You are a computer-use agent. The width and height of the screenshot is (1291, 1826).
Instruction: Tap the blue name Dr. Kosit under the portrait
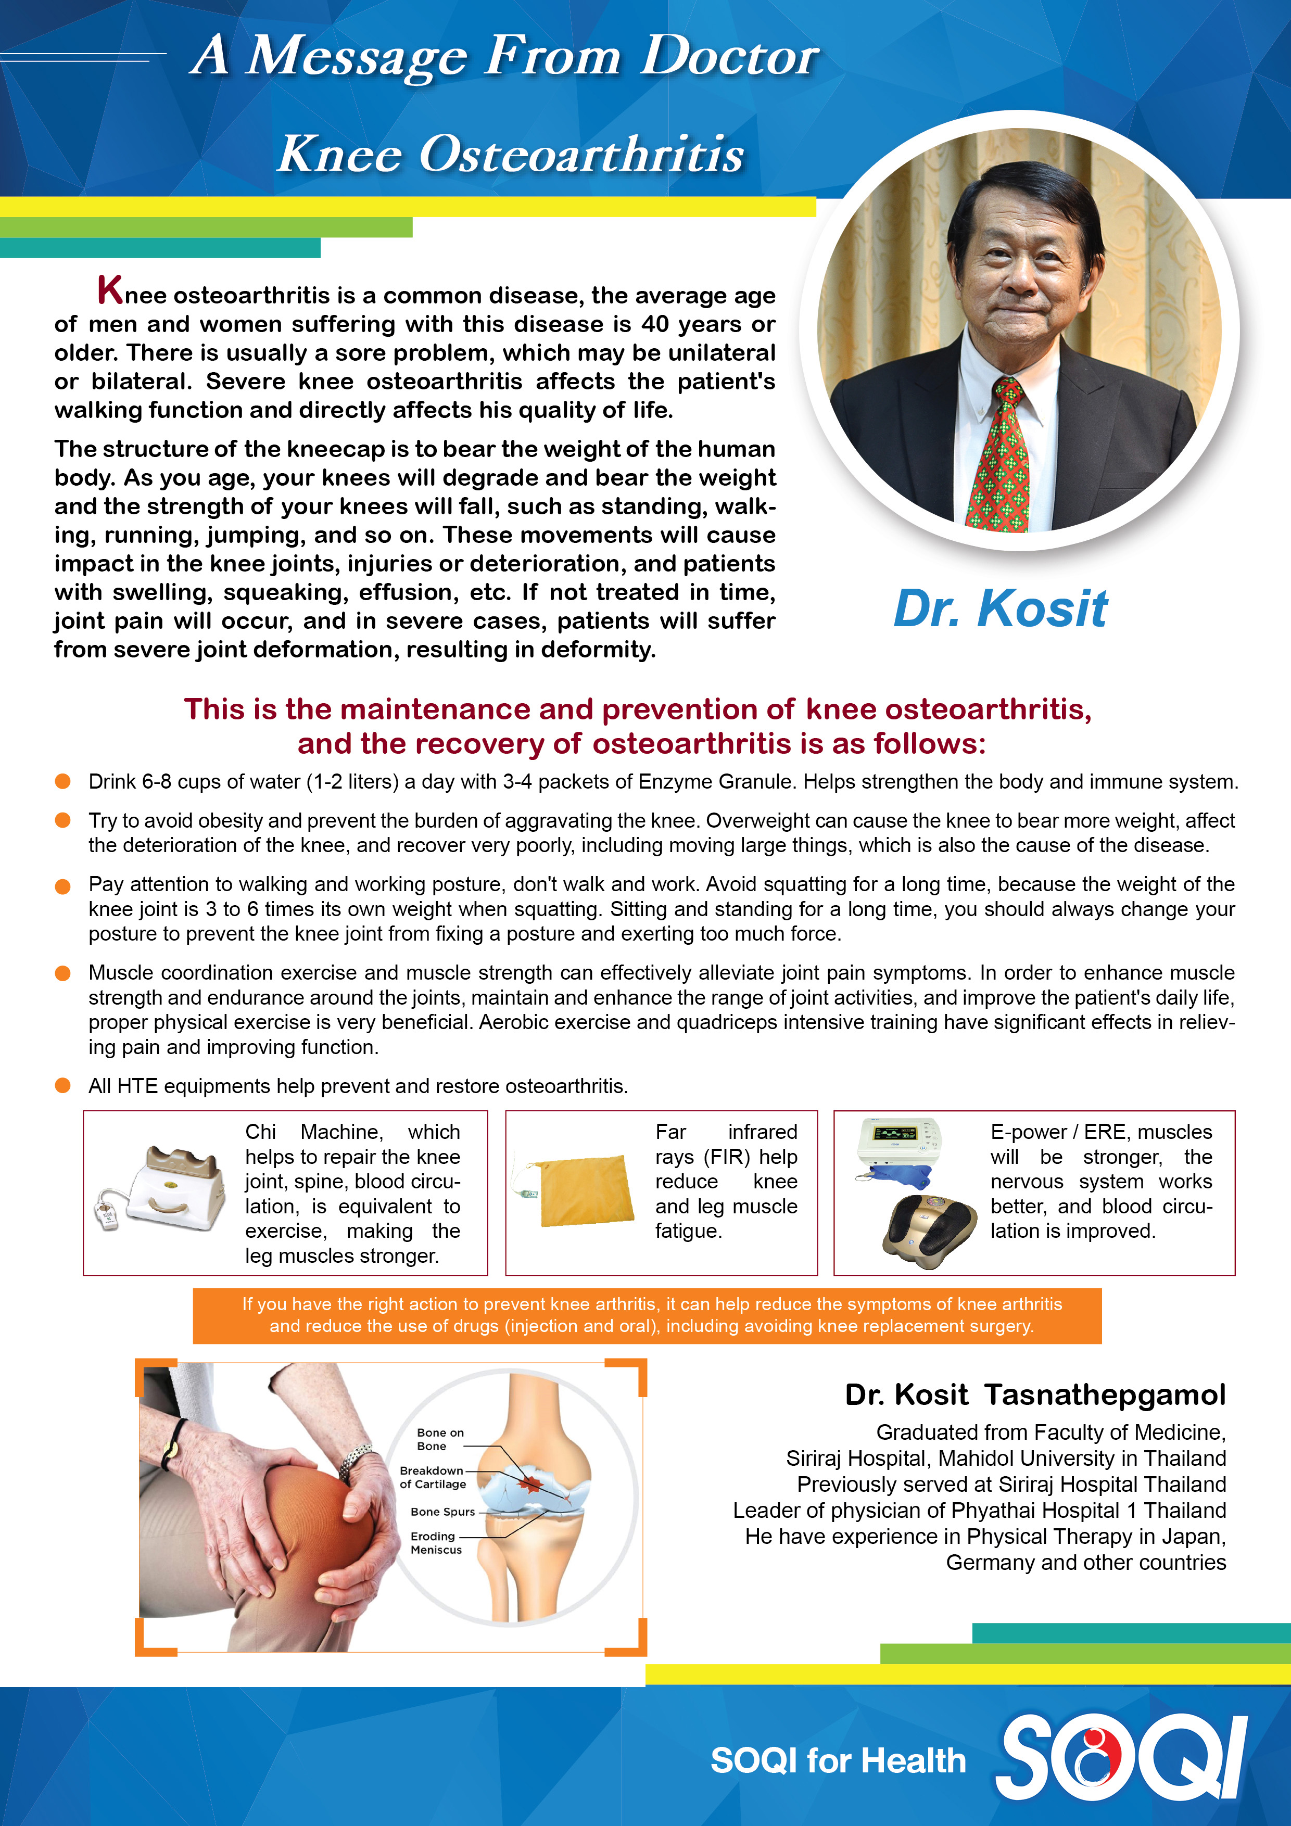pos(1000,608)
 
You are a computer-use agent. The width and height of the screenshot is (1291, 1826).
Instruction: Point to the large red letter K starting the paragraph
pos(110,290)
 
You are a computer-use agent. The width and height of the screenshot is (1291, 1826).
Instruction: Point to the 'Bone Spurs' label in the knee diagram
pos(442,1512)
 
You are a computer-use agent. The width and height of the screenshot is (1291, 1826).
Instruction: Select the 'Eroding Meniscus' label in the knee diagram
pos(435,1543)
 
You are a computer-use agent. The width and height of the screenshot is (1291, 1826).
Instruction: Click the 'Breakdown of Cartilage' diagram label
pos(432,1477)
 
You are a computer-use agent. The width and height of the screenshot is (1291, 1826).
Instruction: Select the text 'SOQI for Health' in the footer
pos(838,1761)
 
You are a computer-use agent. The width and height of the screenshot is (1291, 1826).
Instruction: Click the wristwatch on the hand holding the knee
pos(355,1460)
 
